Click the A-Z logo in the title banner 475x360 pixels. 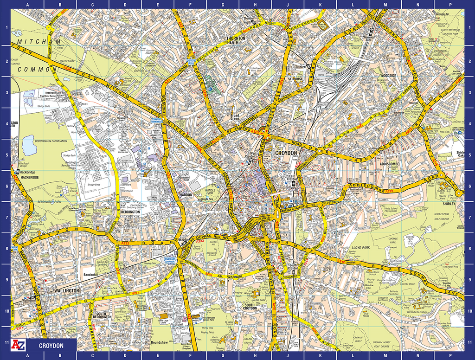pos(19,346)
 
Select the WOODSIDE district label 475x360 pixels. pos(388,75)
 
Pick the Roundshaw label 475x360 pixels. pos(160,343)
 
